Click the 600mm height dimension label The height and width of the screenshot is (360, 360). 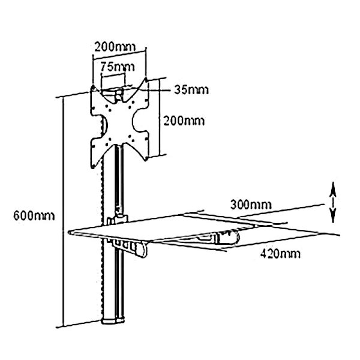34,216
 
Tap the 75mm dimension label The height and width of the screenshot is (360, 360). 118,67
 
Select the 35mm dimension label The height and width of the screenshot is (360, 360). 191,90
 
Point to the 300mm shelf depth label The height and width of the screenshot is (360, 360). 251,205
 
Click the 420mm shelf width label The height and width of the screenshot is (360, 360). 280,254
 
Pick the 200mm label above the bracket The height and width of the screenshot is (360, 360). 115,47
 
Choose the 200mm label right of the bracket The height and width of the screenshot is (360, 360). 184,121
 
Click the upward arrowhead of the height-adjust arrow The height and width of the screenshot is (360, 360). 333,190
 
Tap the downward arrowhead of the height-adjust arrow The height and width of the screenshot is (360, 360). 333,215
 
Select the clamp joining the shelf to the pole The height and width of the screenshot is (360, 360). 118,219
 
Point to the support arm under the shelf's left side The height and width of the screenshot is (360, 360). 128,247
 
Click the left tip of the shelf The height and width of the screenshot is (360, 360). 69,233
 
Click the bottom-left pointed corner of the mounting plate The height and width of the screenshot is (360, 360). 93,167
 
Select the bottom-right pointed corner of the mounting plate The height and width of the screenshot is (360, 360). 146,160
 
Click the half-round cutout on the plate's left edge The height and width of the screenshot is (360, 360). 104,126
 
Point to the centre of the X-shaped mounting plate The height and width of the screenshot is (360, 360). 119,122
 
